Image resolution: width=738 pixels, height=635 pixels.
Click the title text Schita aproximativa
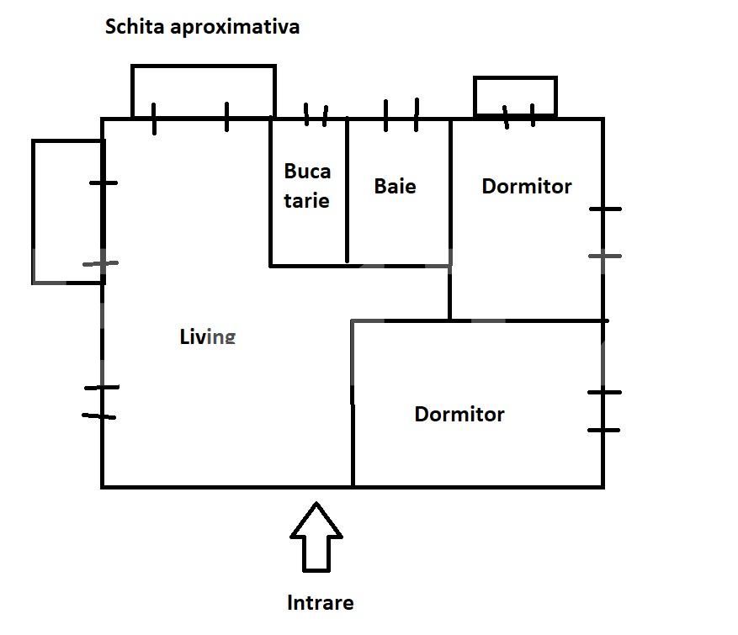point(202,27)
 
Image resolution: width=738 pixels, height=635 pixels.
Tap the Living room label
point(208,336)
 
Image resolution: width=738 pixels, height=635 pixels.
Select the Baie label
point(395,186)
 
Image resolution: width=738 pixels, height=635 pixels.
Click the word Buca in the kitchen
point(307,172)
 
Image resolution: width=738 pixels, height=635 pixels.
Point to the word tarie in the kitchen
point(306,201)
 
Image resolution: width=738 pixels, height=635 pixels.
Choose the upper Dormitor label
point(527,186)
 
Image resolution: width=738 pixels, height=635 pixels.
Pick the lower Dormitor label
point(459,415)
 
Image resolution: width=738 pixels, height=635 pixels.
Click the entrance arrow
point(316,537)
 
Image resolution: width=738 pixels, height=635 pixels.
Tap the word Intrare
point(320,603)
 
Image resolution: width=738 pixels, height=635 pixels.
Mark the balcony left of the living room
point(34,212)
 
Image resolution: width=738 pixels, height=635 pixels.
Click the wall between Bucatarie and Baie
point(348,190)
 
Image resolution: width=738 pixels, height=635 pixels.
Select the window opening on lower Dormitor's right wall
point(603,411)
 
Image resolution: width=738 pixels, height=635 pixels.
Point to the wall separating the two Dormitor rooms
point(527,320)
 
